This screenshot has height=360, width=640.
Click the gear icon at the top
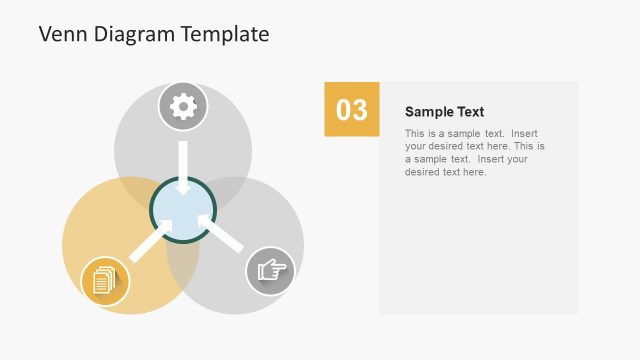point(183,106)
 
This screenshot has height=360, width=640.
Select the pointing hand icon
point(270,270)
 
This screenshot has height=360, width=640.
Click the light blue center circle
point(183,211)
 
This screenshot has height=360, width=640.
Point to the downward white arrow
point(183,167)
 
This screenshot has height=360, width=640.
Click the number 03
point(351,110)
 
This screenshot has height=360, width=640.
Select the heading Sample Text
point(444,112)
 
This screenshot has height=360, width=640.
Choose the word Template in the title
point(226,35)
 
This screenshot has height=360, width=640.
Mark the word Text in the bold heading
point(470,112)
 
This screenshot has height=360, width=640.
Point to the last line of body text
point(445,172)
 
